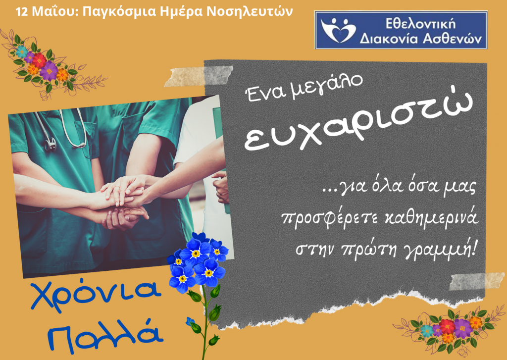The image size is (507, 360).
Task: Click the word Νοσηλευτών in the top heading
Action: click(x=250, y=12)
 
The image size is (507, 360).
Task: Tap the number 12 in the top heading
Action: click(x=22, y=12)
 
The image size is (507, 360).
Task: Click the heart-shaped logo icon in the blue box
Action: click(x=338, y=30)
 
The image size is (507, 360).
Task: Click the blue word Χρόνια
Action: click(x=96, y=295)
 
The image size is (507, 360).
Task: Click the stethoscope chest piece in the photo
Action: click(x=50, y=144)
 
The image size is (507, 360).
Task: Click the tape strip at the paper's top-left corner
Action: click(x=199, y=76)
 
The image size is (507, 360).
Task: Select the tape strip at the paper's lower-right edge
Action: click(x=477, y=281)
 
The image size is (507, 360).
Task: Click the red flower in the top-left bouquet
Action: click(x=39, y=60)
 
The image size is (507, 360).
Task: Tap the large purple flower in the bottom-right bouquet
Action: click(x=463, y=328)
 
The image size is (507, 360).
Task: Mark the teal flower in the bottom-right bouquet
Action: click(x=427, y=331)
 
